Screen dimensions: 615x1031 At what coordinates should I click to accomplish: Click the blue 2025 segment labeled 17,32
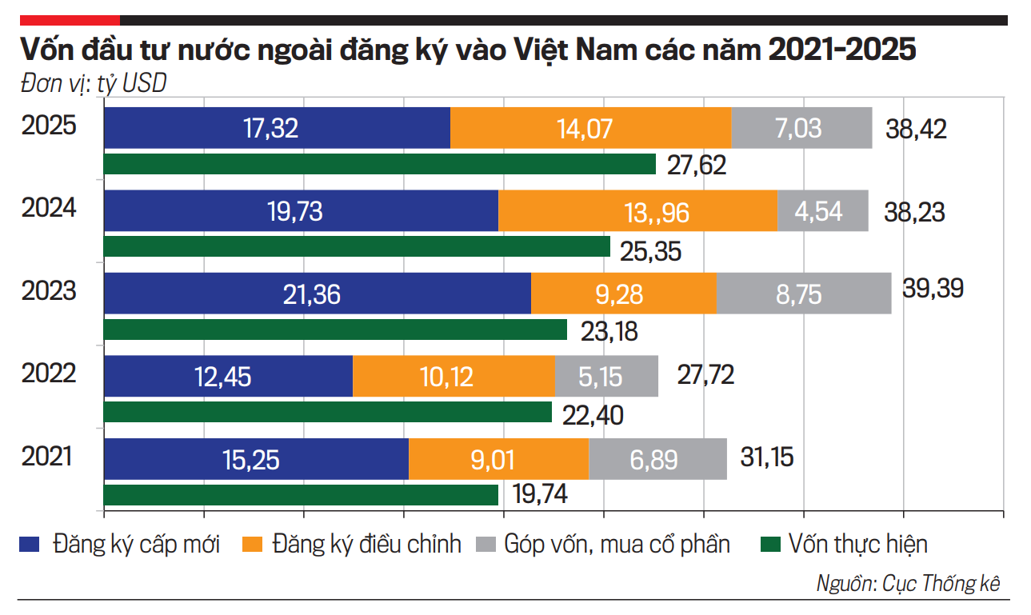[277, 128]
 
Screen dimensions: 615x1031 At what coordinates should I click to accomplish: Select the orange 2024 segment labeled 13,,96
[637, 211]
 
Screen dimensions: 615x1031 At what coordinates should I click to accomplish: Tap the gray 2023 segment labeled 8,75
[803, 294]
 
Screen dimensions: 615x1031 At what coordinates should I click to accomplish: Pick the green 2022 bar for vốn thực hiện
[328, 412]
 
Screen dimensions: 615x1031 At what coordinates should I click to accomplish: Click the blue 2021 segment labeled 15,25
[256, 459]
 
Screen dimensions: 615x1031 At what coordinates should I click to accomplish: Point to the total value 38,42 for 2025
[916, 129]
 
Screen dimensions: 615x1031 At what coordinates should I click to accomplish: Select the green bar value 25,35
[650, 251]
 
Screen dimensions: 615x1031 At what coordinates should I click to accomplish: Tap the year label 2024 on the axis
[49, 209]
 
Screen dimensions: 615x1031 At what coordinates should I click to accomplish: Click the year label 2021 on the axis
[47, 457]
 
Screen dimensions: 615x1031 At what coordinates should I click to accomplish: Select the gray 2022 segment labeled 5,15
[606, 377]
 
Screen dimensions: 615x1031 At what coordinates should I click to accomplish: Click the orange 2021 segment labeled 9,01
[498, 459]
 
